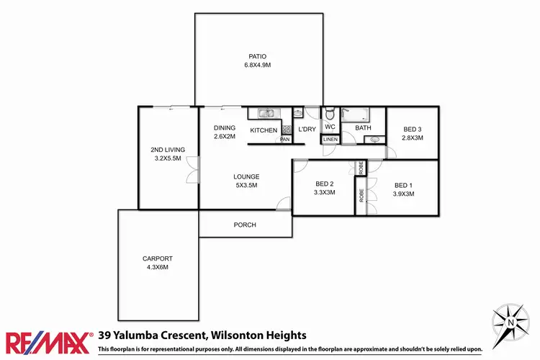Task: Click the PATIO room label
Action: point(258,55)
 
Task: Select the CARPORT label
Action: point(158,258)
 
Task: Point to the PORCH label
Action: point(245,225)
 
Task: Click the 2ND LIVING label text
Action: point(168,150)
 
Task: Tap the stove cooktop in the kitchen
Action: point(286,130)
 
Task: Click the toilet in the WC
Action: point(329,114)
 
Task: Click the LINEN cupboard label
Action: point(330,139)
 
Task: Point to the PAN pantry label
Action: point(285,139)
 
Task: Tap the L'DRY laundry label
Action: point(307,130)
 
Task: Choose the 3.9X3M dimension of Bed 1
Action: point(404,193)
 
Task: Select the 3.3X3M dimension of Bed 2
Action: point(325,193)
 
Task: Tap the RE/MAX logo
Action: point(48,341)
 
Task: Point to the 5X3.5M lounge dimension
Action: point(246,185)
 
